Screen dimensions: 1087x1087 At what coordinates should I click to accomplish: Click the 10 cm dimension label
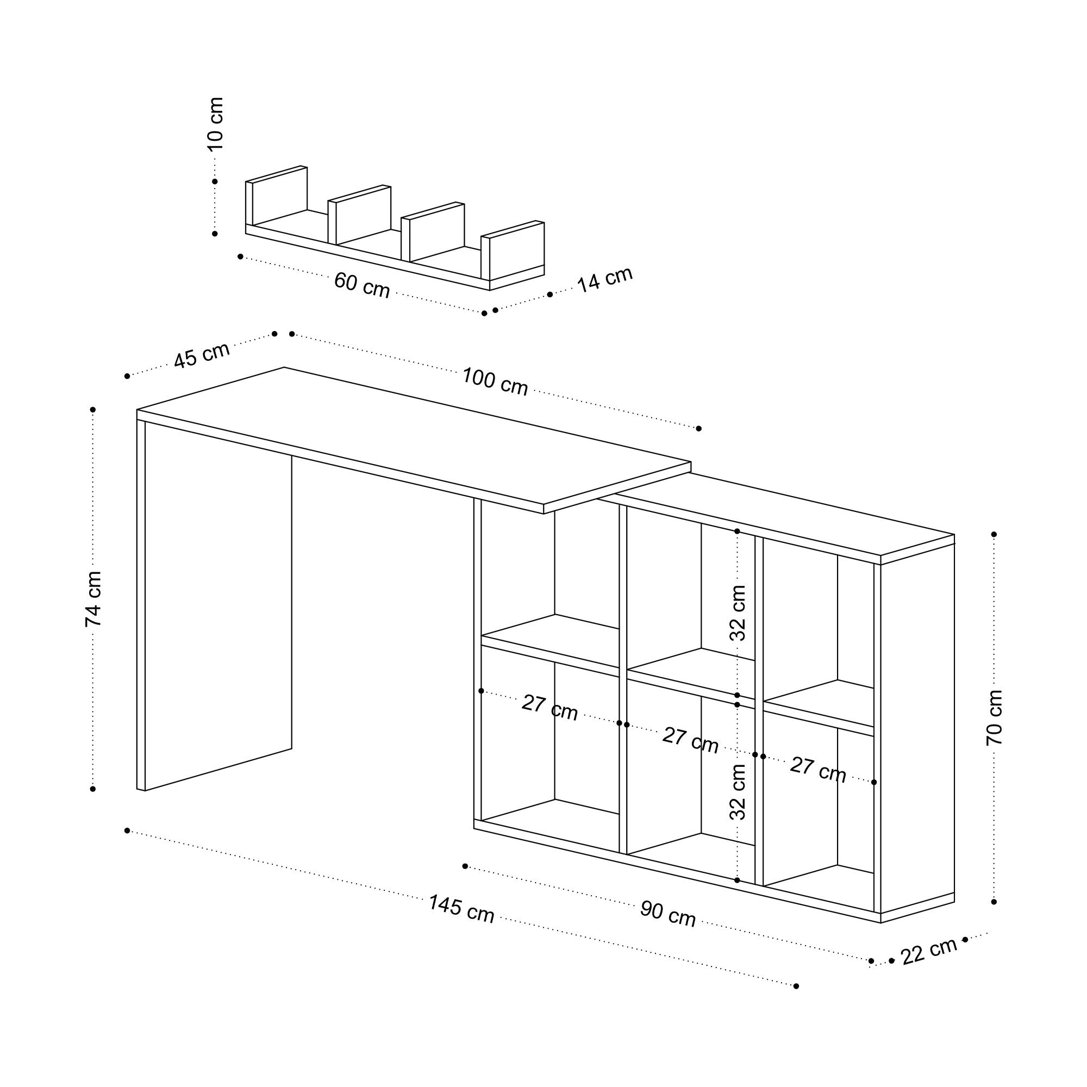[x=215, y=124]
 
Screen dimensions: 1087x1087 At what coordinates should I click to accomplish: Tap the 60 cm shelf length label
[x=362, y=285]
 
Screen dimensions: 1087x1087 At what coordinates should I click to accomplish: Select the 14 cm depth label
[x=605, y=279]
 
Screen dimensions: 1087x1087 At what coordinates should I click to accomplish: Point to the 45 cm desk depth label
[x=202, y=355]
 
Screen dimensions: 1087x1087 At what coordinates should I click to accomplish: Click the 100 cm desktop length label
[x=495, y=382]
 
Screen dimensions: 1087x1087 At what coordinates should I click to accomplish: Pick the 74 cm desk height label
[x=93, y=598]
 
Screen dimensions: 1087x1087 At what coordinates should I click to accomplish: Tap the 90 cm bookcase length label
[x=668, y=914]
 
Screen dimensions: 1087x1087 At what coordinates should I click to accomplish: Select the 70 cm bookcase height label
[x=995, y=717]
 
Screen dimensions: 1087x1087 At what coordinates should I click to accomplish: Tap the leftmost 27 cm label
[x=549, y=708]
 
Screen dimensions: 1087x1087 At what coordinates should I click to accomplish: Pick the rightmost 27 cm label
[x=817, y=770]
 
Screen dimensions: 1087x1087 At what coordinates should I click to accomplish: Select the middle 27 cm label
[x=690, y=740]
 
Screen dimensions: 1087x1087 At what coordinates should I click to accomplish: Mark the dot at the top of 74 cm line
[x=93, y=410]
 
